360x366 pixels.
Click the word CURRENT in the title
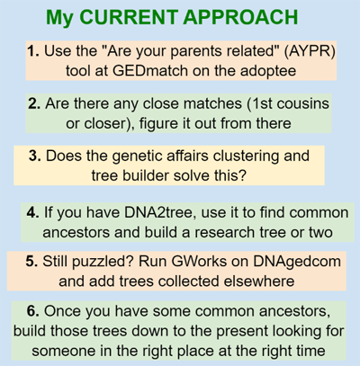tap(129, 17)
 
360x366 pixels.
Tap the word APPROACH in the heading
tap(240, 17)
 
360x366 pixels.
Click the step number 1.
tap(33, 51)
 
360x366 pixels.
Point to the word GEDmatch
tap(150, 71)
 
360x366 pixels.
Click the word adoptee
tap(268, 72)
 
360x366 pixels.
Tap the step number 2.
tap(34, 103)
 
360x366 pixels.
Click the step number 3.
tap(35, 156)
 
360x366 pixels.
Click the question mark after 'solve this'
tap(242, 175)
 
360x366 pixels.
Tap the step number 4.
tap(32, 213)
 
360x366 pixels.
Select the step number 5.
tap(31, 262)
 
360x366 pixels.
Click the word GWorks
tap(199, 262)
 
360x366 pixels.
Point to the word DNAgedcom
tap(297, 262)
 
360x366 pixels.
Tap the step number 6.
tap(33, 311)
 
